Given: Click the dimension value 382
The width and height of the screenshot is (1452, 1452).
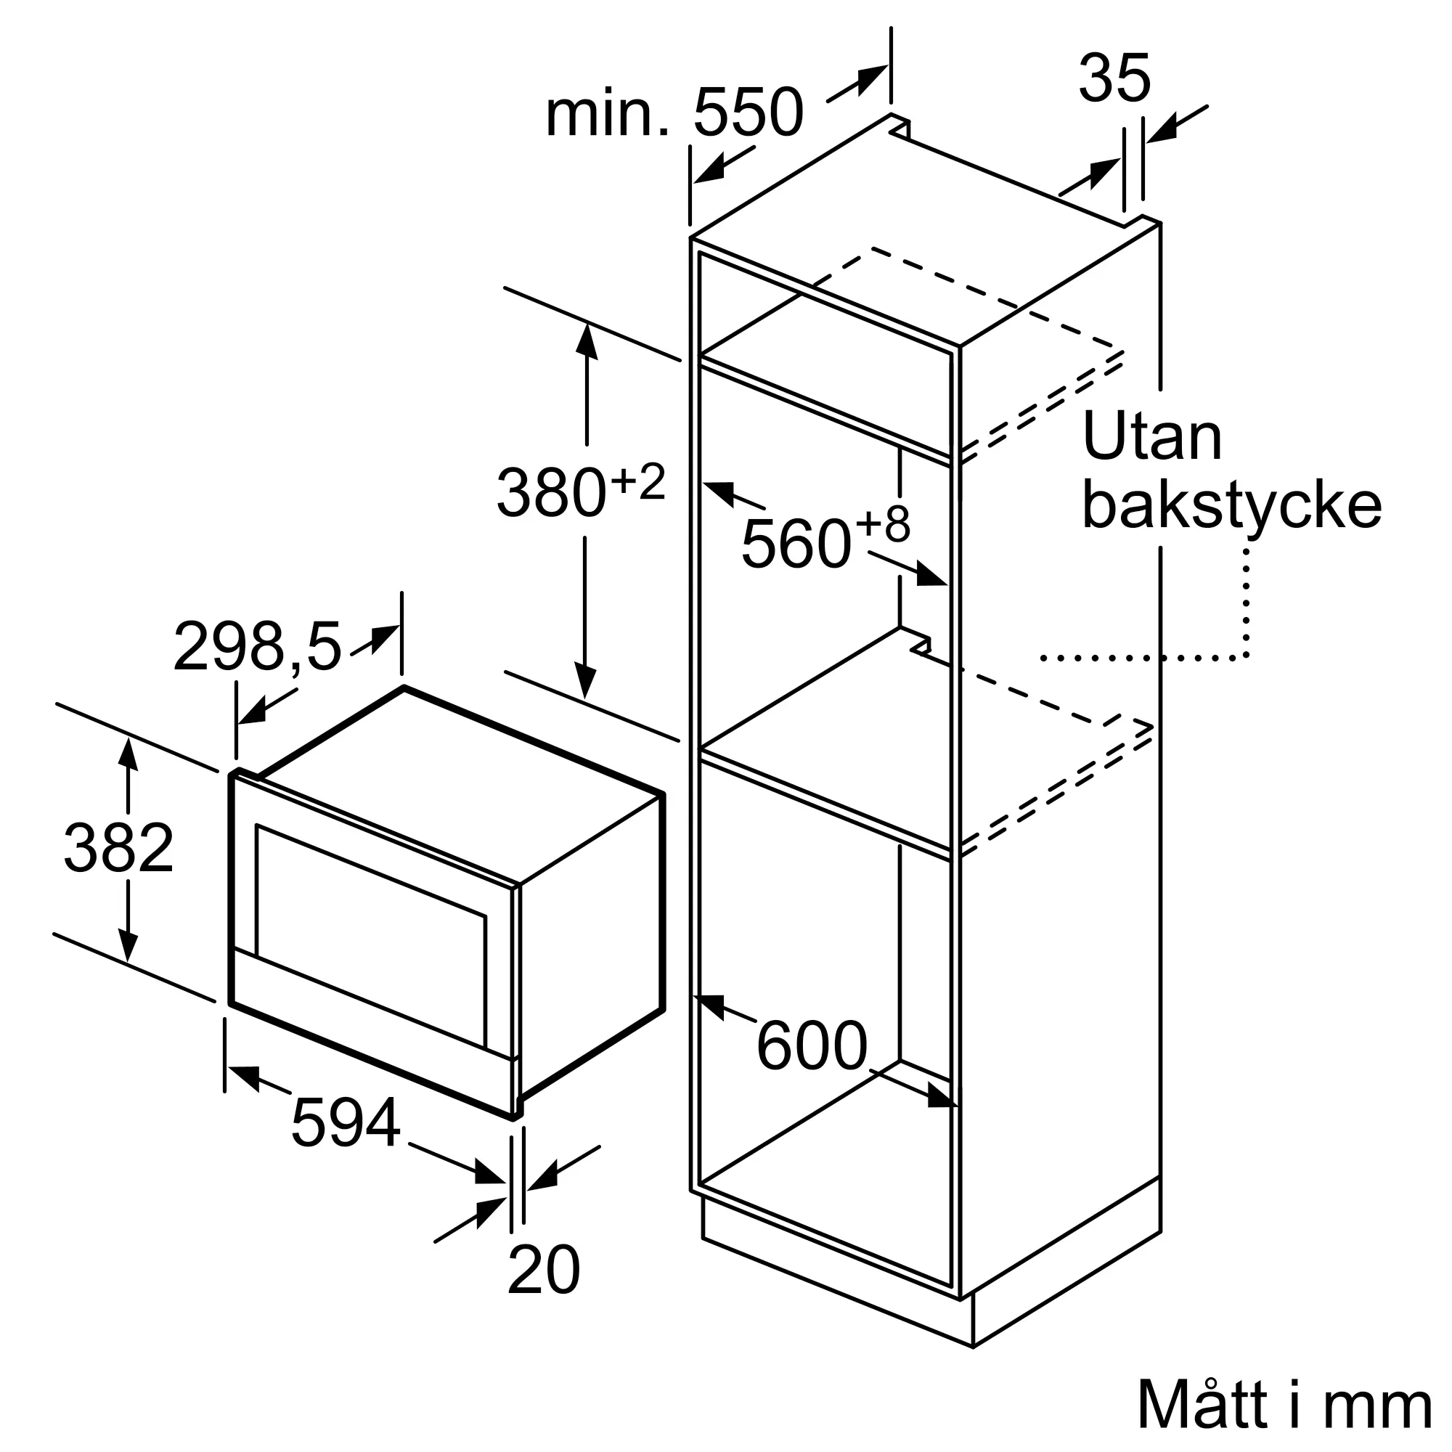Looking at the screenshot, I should tap(119, 848).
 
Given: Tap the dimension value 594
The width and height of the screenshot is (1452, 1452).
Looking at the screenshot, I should tap(345, 1123).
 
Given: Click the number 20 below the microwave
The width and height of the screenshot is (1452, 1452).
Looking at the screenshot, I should tap(543, 1269).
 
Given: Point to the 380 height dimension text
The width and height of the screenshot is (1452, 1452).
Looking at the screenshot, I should tap(551, 493).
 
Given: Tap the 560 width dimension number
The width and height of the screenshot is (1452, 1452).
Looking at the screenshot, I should tap(796, 543).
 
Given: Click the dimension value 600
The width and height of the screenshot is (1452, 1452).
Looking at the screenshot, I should tap(812, 1045).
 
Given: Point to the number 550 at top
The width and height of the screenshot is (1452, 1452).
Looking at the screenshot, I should tap(748, 113).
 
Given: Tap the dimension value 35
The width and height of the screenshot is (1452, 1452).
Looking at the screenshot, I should tap(1114, 78).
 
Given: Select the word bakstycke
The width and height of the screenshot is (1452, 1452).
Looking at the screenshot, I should tap(1231, 505).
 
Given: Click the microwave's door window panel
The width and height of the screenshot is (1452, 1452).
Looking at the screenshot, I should tap(370, 935).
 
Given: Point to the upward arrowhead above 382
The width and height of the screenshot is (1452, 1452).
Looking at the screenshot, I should tap(129, 752).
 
